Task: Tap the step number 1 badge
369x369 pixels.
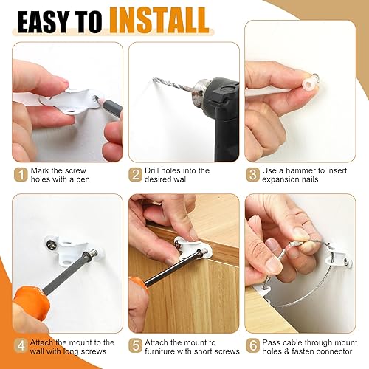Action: [20, 176]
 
